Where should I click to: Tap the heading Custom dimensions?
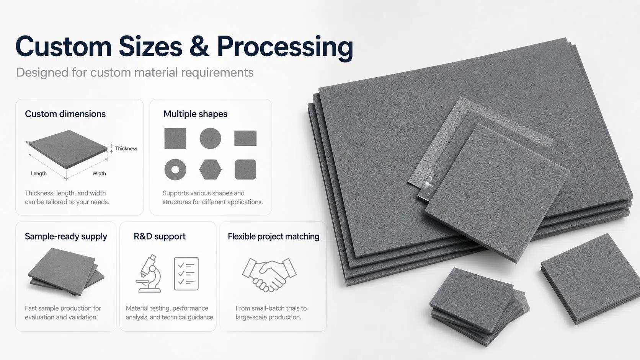click(x=65, y=114)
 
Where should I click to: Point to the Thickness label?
click(x=126, y=148)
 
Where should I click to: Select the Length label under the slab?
click(x=39, y=173)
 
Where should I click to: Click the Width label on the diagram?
click(x=99, y=173)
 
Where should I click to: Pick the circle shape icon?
click(x=210, y=138)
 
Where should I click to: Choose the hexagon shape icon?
click(x=211, y=169)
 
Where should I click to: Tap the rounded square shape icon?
click(x=245, y=169)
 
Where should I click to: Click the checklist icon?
click(x=186, y=274)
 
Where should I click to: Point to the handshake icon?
click(x=269, y=275)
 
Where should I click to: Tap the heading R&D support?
click(x=160, y=236)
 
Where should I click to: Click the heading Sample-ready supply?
click(x=66, y=237)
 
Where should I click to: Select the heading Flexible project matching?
click(x=273, y=237)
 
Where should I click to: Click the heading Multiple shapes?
click(x=196, y=114)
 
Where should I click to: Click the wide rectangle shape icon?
click(x=245, y=138)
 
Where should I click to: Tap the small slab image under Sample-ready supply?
click(x=66, y=272)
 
